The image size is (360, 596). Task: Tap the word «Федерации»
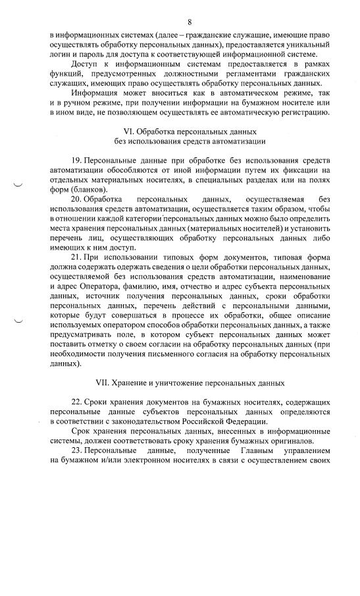243,421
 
